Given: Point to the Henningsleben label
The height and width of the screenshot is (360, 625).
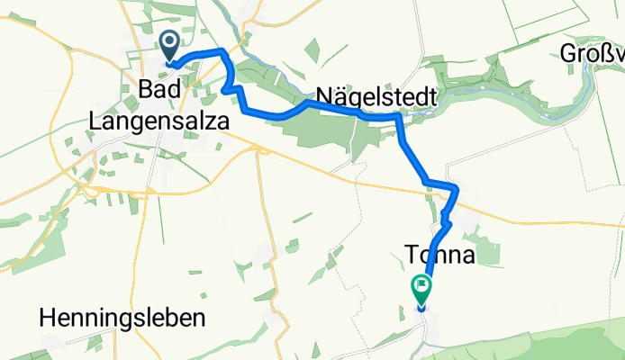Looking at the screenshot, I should point(123,318).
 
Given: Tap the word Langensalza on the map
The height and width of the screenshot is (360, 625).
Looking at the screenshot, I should point(159,120).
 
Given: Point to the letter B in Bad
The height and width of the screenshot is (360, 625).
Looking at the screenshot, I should point(146,89).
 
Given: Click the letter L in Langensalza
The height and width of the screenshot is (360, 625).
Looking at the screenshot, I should point(96,120).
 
